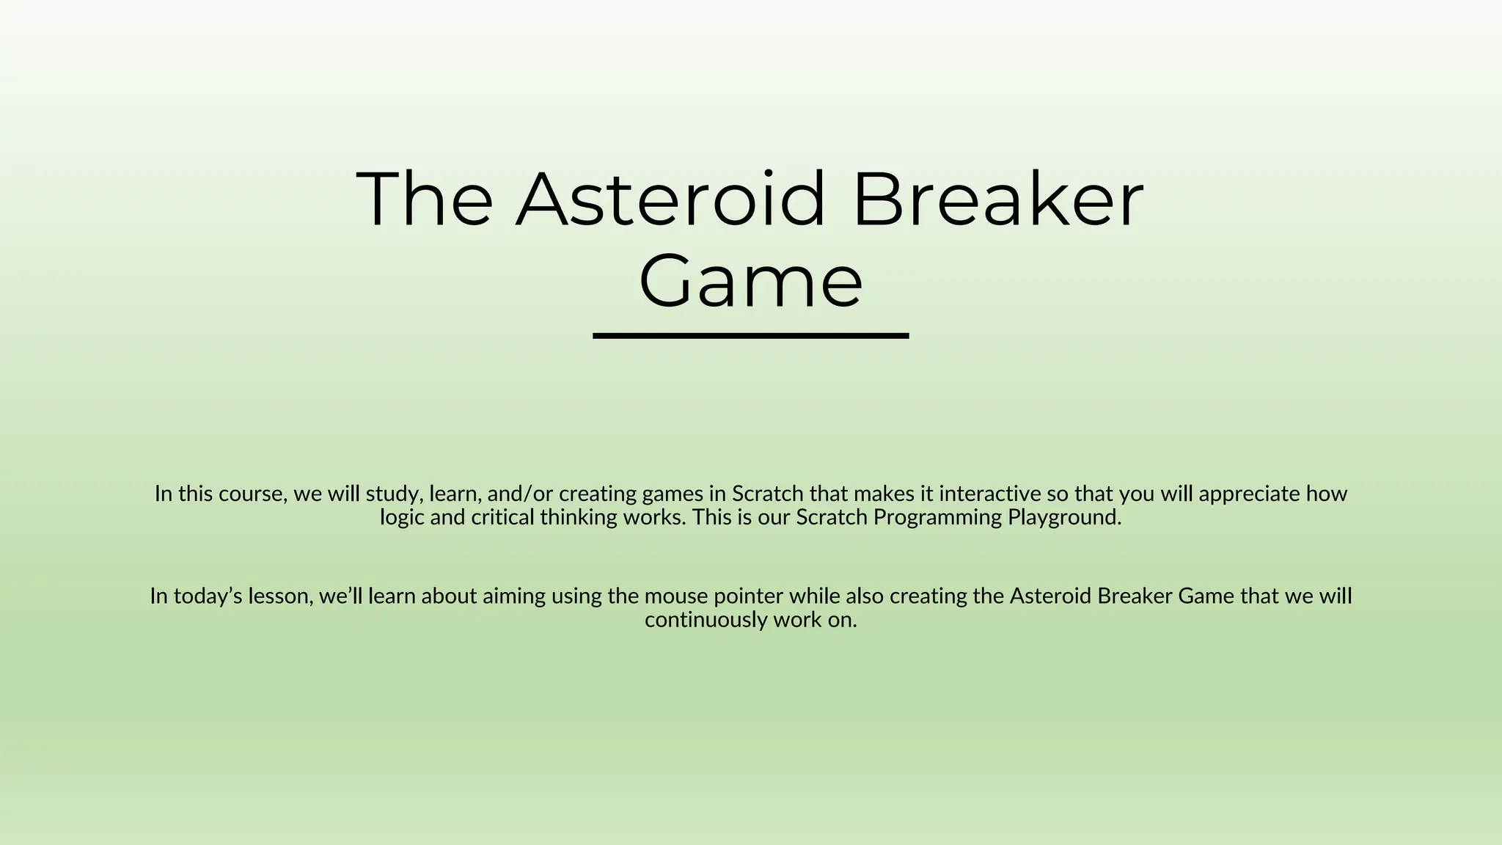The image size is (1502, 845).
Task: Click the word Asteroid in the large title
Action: (670, 200)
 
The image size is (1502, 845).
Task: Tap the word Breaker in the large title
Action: (997, 200)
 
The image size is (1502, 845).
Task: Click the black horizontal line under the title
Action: (750, 336)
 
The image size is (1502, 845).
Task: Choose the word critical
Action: (502, 518)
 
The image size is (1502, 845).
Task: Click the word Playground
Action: (1064, 518)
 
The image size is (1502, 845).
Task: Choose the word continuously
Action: (705, 620)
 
